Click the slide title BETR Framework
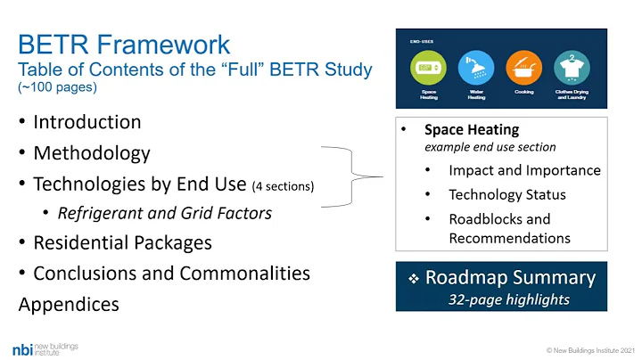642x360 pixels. pyautogui.click(x=124, y=45)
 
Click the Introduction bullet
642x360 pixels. pyautogui.click(x=87, y=122)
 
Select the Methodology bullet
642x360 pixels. pyautogui.click(x=92, y=153)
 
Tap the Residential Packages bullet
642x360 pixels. pyautogui.click(x=123, y=241)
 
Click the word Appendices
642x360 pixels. pyautogui.click(x=69, y=305)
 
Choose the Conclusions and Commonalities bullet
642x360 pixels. pyautogui.click(x=171, y=273)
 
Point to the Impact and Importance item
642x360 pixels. pyautogui.click(x=524, y=170)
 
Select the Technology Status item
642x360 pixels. pyautogui.click(x=507, y=194)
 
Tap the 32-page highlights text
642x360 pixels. pyautogui.click(x=509, y=299)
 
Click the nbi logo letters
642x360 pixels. pyautogui.click(x=24, y=348)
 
